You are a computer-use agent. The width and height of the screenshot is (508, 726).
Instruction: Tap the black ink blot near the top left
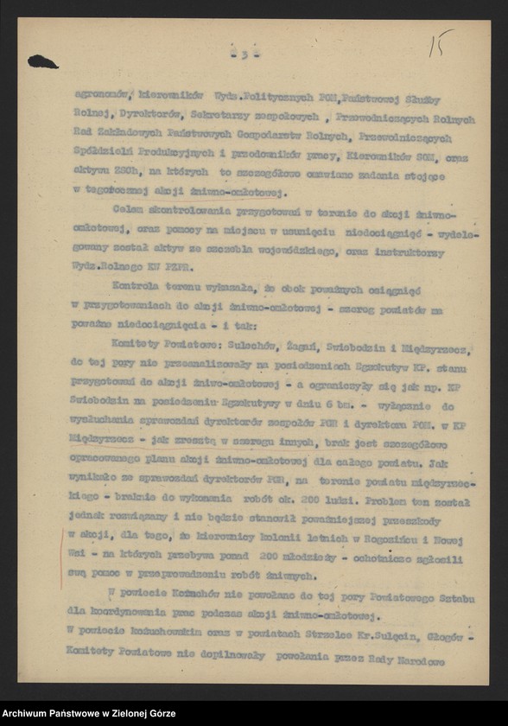click(42, 61)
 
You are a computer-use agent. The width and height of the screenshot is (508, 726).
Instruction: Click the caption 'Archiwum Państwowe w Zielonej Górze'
click(89, 713)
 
